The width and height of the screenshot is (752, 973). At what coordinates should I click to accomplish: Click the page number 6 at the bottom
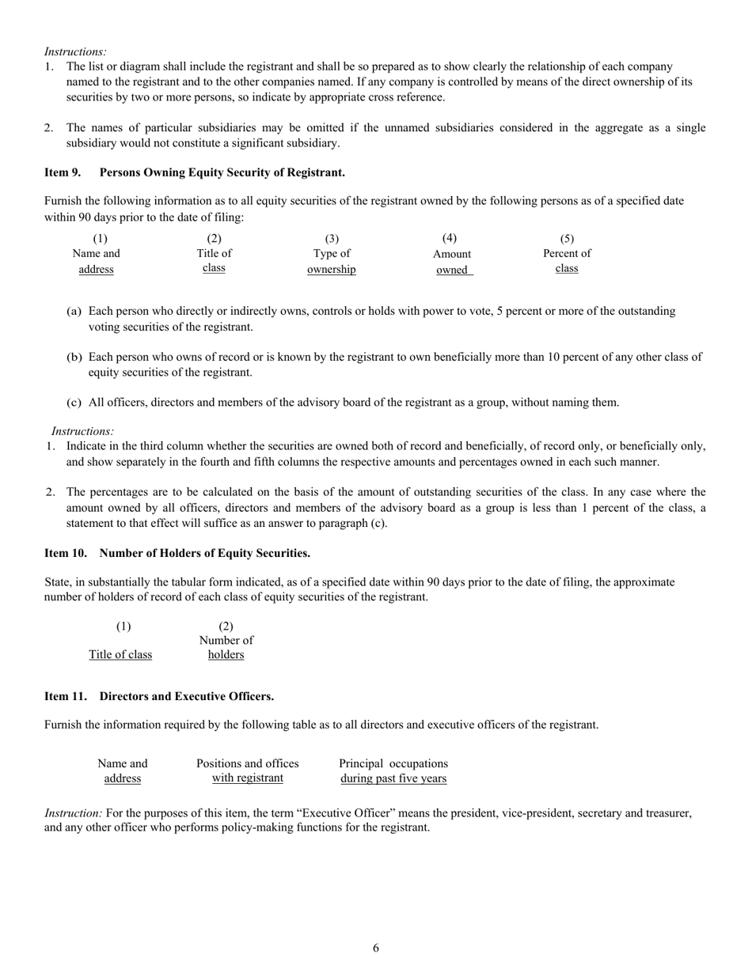(376, 948)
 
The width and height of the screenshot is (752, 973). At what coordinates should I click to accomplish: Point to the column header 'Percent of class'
(567, 261)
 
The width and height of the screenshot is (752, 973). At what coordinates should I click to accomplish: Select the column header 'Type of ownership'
(332, 262)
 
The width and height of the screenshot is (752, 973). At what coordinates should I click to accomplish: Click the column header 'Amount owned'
(452, 262)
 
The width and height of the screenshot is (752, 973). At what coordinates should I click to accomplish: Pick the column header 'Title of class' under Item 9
(214, 261)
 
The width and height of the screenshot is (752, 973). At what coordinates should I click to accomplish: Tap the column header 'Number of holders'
(226, 647)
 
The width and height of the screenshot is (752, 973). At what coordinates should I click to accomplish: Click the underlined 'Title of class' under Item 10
(120, 654)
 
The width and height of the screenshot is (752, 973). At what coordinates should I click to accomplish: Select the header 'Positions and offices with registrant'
(248, 770)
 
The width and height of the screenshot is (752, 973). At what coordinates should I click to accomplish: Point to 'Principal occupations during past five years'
(393, 770)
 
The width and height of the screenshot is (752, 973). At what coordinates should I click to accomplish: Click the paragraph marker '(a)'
(74, 311)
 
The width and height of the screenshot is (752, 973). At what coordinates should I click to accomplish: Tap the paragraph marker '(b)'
(74, 357)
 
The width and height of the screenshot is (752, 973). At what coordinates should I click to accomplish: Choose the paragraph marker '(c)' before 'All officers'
(74, 402)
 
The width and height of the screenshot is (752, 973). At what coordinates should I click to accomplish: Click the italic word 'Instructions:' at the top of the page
(76, 51)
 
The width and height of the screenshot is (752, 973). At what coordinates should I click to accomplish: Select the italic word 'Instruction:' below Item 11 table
(74, 812)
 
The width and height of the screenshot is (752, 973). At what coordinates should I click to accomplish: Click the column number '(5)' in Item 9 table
(567, 238)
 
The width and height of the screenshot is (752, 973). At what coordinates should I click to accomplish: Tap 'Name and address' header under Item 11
(123, 770)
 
